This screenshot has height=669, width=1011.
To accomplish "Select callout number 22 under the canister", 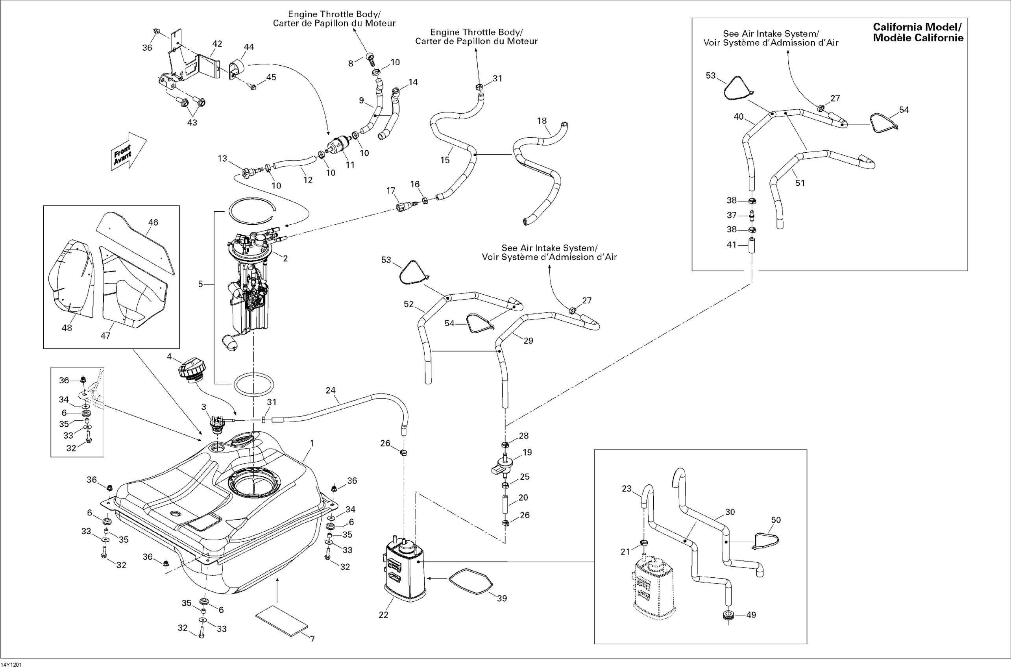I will (x=383, y=615).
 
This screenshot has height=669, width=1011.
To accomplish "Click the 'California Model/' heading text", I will (x=917, y=27).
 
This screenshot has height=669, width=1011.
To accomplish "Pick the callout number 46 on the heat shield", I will (x=153, y=222).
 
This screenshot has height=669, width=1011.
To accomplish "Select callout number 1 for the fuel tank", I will (x=312, y=443).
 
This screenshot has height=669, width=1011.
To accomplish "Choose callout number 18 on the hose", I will (x=542, y=121).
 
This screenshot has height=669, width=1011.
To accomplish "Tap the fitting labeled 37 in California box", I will (x=752, y=214).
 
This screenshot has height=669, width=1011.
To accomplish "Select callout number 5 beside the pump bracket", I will (x=200, y=284).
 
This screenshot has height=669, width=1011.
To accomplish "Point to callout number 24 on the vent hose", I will (x=331, y=390).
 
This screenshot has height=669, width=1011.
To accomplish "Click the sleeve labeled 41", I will (x=752, y=248).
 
